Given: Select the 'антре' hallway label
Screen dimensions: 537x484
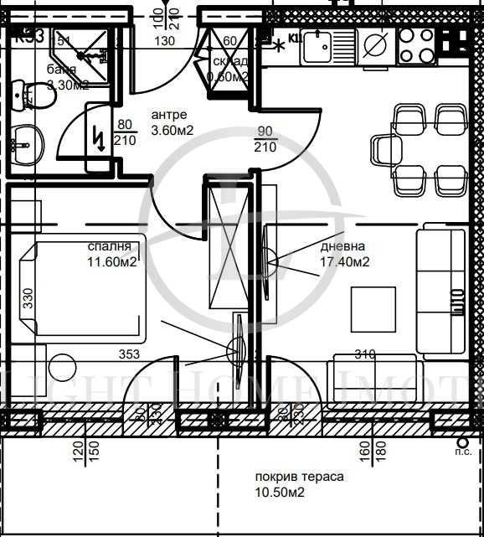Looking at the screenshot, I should pos(169,115).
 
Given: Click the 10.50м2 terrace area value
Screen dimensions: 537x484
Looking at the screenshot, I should pos(279,493).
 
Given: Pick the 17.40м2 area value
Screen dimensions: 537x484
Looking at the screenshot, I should pos(345,262).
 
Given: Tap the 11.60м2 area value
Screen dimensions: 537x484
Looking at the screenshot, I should pos(113,261).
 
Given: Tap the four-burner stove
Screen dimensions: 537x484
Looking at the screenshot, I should pos(417,46).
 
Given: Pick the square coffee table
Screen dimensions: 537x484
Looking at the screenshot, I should pos(373,309).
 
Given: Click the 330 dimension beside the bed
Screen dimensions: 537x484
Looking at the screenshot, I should pos(27,299).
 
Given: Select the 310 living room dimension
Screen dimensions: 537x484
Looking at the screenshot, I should pos(363,354).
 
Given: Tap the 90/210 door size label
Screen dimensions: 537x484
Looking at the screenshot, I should pos(265,140).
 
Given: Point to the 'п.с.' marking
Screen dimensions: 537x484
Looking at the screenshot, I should pos(461,451).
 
